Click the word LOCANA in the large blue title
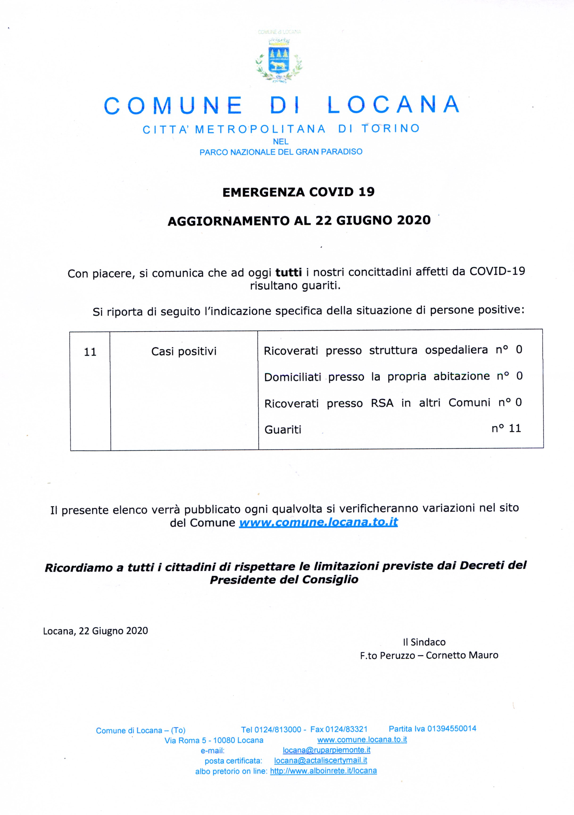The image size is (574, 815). click(393, 105)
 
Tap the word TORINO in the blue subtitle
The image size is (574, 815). click(391, 129)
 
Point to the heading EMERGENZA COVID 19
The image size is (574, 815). click(298, 192)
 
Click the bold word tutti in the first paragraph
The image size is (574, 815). click(288, 272)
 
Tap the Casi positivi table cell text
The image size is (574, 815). click(184, 351)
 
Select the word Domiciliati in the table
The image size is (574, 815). click(293, 377)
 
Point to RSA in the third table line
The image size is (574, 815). click(382, 403)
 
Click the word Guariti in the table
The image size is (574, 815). click(283, 430)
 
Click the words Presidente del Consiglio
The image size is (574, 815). click(284, 580)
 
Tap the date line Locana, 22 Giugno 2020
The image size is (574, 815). click(96, 631)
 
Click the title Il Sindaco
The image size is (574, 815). click(424, 642)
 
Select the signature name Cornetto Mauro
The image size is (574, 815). click(462, 655)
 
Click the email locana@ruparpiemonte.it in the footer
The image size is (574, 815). click(326, 750)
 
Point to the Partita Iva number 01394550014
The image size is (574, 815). click(452, 729)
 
